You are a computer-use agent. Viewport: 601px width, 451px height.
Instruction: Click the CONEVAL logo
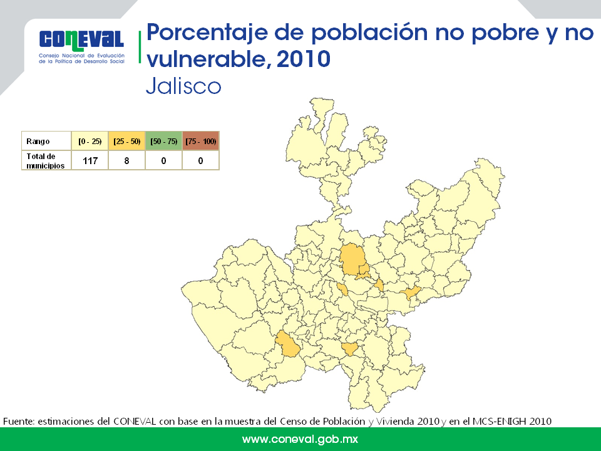click(x=81, y=46)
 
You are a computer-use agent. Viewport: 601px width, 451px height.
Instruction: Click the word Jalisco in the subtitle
click(x=183, y=86)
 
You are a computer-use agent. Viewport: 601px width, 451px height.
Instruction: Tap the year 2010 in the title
click(x=303, y=59)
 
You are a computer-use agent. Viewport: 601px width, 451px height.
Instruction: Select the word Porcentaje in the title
click(x=207, y=33)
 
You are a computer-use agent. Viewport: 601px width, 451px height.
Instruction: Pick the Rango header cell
click(x=46, y=141)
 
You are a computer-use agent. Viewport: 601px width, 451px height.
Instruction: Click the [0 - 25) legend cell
click(x=90, y=141)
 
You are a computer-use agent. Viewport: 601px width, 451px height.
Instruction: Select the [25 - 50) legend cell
click(x=127, y=141)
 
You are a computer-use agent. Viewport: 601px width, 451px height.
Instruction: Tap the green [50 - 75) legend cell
click(x=163, y=141)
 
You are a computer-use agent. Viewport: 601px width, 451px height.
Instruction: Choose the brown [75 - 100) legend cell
click(x=201, y=141)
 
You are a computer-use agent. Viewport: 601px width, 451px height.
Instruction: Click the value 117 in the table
click(x=90, y=161)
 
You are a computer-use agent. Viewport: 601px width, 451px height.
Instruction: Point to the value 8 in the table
click(x=127, y=161)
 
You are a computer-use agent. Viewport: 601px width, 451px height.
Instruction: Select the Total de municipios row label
click(x=45, y=161)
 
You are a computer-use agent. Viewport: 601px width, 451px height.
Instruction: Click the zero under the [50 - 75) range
click(x=163, y=161)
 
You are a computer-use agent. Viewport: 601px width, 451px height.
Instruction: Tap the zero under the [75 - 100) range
click(x=200, y=161)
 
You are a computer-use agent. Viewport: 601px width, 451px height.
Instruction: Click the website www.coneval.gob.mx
click(x=300, y=439)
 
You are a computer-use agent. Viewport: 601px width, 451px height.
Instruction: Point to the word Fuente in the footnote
click(x=19, y=422)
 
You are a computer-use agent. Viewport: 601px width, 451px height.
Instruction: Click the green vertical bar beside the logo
click(x=140, y=47)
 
